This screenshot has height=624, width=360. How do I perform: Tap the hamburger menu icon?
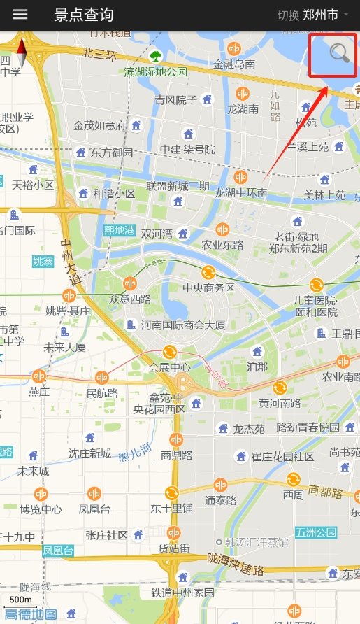pyautogui.click(x=20, y=15)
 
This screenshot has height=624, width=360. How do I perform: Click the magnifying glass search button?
pyautogui.click(x=339, y=53)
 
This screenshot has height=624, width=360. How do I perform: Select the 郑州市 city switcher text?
pyautogui.click(x=320, y=15)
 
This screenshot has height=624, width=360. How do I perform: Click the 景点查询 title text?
pyautogui.click(x=83, y=15)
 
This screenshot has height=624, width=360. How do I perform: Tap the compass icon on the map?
pyautogui.click(x=21, y=52)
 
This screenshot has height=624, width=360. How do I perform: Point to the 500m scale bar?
pyautogui.click(x=20, y=601)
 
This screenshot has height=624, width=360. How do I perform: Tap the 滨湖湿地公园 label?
pyautogui.click(x=156, y=71)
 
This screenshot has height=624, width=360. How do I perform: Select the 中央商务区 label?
pyautogui.click(x=208, y=288)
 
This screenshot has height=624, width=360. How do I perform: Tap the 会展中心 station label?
pyautogui.click(x=169, y=367)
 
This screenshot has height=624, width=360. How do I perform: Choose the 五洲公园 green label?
pyautogui.click(x=315, y=532)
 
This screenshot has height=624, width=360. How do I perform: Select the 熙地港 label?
pyautogui.click(x=119, y=229)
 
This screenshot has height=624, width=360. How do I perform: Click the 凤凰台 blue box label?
pyautogui.click(x=58, y=551)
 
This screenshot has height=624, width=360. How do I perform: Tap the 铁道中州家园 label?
pyautogui.click(x=183, y=593)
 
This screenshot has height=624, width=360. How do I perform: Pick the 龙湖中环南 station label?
pyautogui.click(x=240, y=192)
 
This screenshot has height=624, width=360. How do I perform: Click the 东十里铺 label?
pyautogui.click(x=171, y=509)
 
